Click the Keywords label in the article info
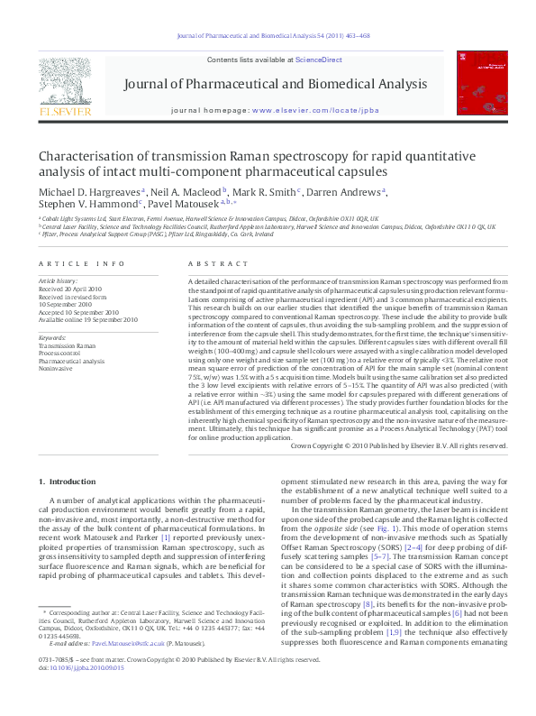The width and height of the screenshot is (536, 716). pos(53,336)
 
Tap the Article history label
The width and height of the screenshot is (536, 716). pos(59,281)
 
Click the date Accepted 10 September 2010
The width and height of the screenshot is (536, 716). pos(87,312)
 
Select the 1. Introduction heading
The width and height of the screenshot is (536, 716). pos(71,482)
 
